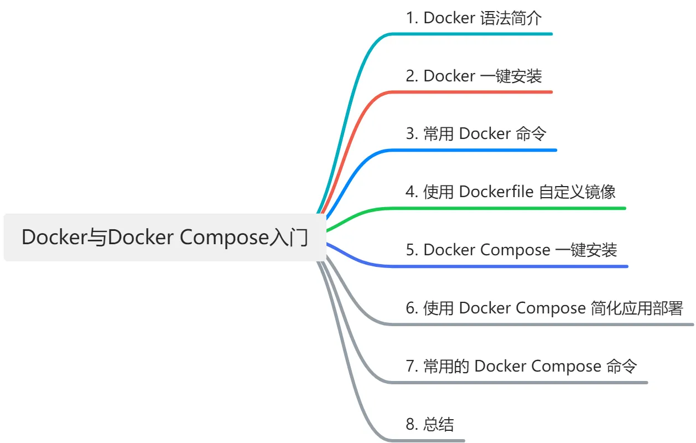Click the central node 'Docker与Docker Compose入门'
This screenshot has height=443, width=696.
165,238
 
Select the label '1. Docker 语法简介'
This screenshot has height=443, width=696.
474,18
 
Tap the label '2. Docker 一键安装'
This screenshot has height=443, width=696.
474,76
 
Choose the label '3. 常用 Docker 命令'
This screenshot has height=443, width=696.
476,134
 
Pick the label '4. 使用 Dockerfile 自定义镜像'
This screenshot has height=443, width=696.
510,192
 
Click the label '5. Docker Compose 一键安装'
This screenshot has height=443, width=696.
511,250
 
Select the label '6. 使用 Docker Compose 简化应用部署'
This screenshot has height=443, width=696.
544,308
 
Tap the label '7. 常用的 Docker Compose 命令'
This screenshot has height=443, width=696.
521,366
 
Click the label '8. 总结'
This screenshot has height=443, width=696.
430,424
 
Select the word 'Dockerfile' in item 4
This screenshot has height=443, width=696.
496,192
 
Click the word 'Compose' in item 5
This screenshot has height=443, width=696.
515,250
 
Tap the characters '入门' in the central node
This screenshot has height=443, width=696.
289,238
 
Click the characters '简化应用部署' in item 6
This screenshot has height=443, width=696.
636,308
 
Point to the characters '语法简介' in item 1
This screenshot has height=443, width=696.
511,18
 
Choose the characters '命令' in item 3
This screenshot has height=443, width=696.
531,134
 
